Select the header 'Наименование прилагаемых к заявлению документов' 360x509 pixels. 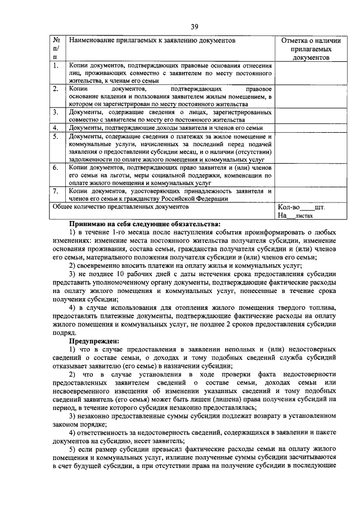click(151, 40)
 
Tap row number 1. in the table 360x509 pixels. click(56, 66)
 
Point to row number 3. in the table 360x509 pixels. click(56, 112)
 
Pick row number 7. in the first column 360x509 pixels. click(56, 191)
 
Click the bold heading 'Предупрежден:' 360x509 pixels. click(94, 341)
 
